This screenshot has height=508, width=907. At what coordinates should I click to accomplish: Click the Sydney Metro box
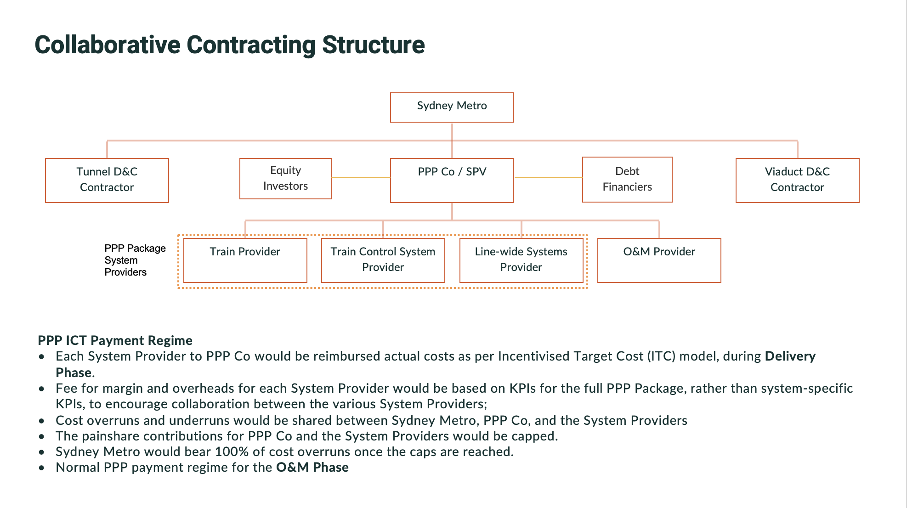452,107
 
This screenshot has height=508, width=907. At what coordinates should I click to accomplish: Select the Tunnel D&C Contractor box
107,180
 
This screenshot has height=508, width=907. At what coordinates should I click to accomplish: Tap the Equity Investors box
285,178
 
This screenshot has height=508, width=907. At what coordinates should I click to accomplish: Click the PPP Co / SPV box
452,180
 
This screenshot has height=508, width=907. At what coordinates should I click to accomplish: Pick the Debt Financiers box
627,179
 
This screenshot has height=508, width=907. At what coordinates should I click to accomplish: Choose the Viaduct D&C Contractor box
797,180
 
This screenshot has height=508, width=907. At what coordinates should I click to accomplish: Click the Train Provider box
245,260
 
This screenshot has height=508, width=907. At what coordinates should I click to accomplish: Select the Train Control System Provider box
383,260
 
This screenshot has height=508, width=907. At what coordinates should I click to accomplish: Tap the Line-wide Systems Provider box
521,260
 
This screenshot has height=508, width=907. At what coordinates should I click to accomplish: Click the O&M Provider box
659,260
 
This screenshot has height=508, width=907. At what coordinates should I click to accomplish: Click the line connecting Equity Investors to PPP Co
361,178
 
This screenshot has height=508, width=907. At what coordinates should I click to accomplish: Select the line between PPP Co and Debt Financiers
548,178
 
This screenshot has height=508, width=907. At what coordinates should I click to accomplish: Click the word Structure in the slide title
373,45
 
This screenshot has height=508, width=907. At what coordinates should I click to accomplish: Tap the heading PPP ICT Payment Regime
115,340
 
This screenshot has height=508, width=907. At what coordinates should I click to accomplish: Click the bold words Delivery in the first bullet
790,356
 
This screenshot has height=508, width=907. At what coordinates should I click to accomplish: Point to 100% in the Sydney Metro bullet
232,452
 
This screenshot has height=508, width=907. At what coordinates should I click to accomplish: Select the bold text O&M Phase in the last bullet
312,468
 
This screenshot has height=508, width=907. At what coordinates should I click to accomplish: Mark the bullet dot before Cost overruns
42,421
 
